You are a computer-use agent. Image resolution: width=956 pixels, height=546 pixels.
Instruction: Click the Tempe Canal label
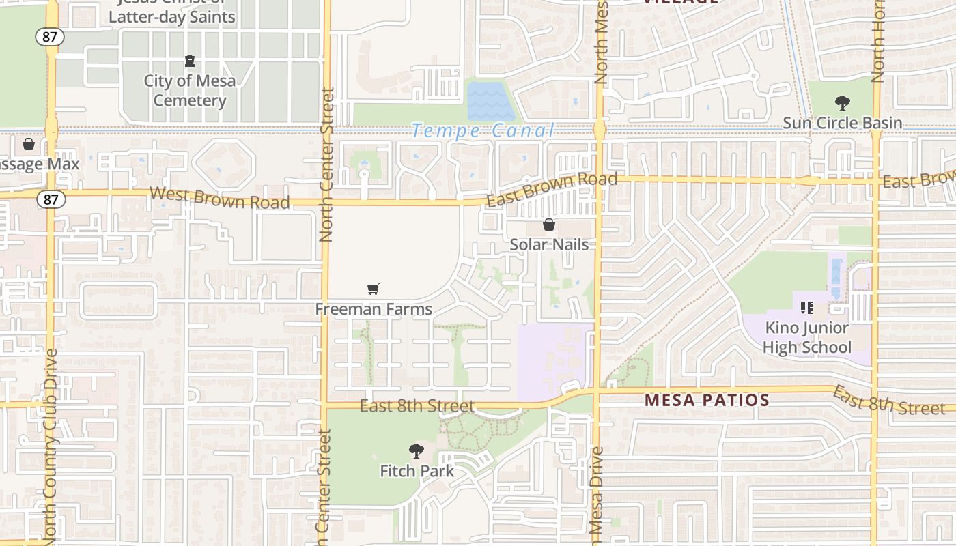pos(483,130)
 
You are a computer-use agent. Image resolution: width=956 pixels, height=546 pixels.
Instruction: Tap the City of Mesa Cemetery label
pos(189,91)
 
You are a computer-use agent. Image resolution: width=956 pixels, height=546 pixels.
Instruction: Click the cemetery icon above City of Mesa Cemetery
pos(190,61)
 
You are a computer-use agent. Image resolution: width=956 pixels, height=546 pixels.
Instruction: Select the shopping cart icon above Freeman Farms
pos(373,289)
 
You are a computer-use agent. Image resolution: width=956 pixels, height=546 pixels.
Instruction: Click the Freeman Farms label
pos(374,309)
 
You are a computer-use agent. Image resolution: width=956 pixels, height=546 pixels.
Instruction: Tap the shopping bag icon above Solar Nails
pos(549,225)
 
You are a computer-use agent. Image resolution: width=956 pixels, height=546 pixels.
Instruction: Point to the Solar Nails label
pos(549,244)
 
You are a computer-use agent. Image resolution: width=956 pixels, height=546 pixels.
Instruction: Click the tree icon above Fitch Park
pos(416,451)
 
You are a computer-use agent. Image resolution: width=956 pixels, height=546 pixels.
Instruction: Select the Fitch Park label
pos(417,471)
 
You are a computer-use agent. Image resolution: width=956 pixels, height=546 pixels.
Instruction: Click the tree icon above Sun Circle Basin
pos(843,103)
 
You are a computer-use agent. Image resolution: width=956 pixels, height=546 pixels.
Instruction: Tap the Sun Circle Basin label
pos(842,124)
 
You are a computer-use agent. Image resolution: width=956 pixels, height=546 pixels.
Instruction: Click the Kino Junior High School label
pos(806,338)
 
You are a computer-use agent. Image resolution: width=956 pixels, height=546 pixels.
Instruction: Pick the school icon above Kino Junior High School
pos(807,308)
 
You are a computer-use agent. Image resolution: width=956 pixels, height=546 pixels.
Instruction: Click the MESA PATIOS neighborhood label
pos(707,400)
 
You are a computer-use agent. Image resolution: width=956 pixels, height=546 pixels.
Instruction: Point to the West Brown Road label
pos(219,198)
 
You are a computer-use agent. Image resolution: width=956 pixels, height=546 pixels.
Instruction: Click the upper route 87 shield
pos(50,37)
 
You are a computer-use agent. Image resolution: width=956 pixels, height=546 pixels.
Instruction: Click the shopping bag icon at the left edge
pos(29,144)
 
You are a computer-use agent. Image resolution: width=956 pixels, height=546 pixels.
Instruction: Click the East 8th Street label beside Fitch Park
pos(417,406)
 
